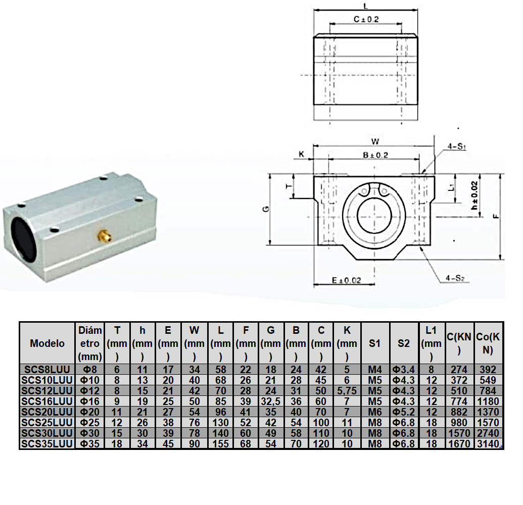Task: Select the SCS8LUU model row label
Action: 47,369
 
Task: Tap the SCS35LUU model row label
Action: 47,444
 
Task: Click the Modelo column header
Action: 47,343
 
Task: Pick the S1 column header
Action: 374,343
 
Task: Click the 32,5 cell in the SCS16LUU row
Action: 271,401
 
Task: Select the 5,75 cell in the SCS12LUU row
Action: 347,391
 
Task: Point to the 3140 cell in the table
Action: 488,444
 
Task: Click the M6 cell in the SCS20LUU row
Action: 374,412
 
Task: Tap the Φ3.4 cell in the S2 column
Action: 403,369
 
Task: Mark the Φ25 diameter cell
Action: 90,423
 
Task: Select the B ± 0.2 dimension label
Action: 375,155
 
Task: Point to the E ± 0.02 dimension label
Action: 346,280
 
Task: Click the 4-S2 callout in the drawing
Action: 455,278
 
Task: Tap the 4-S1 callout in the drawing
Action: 456,147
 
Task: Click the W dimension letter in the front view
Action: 375,140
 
